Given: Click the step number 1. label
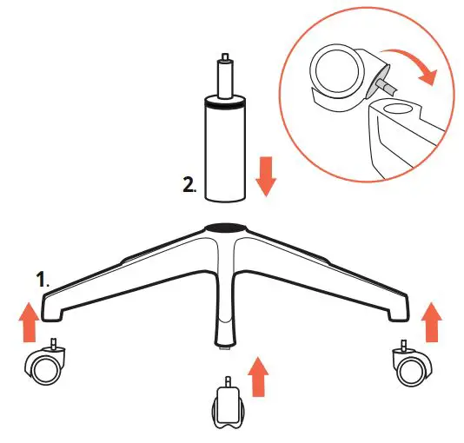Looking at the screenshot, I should tap(43, 280).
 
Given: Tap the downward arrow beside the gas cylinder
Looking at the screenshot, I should tap(266, 175).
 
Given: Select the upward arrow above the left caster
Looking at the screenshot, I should tap(30, 321).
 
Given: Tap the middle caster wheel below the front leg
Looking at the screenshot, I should tap(228, 405).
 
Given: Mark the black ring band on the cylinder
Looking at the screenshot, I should tap(224, 109).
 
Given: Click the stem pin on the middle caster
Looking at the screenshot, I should tap(228, 380).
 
